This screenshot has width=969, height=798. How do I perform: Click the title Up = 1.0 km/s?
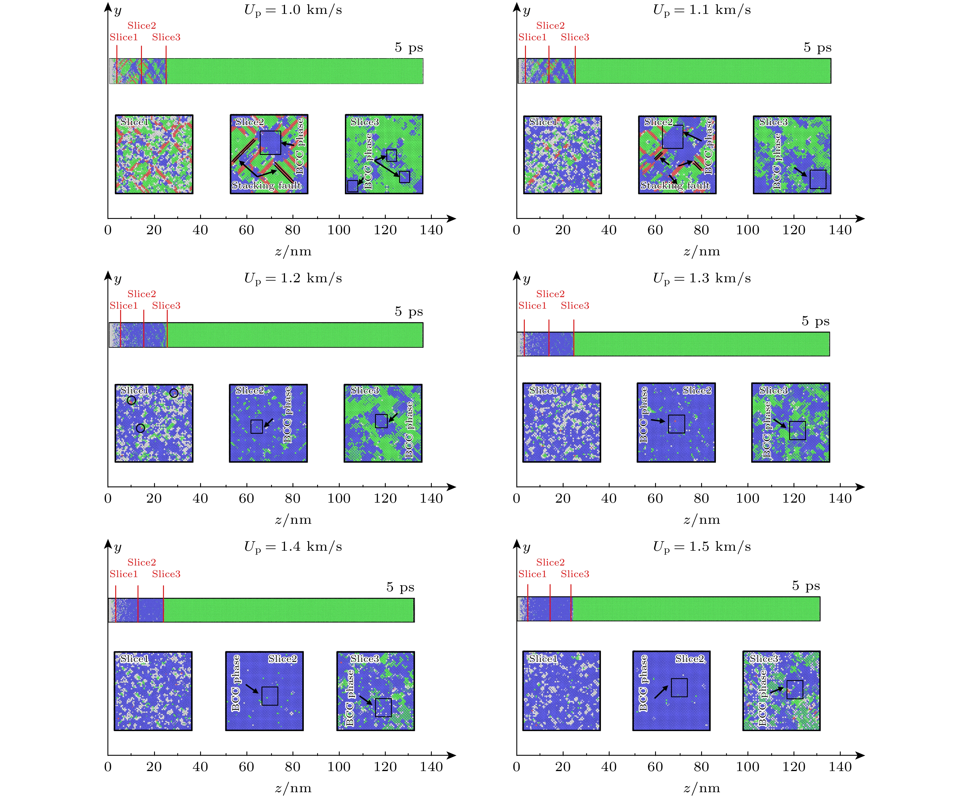(x=293, y=10)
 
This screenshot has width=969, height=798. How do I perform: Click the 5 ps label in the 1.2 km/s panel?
(x=409, y=312)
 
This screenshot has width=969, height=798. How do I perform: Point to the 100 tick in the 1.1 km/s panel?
(x=747, y=230)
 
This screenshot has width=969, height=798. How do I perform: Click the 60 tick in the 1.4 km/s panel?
(x=246, y=767)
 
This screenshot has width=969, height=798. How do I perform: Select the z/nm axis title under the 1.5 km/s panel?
(x=701, y=788)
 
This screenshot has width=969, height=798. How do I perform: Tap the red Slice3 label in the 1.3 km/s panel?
(x=575, y=306)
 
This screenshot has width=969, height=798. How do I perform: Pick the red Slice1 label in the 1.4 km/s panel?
(x=123, y=574)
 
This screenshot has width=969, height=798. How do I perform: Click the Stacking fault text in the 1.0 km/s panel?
(x=267, y=185)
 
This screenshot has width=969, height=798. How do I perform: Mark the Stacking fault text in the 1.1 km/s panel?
(x=675, y=185)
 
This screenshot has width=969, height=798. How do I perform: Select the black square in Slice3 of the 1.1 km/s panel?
(x=818, y=179)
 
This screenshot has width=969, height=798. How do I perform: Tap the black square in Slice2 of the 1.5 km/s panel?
(x=679, y=688)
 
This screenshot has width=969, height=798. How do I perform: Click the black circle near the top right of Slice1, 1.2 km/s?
(x=174, y=393)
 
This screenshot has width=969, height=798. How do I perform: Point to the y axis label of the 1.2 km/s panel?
(x=118, y=279)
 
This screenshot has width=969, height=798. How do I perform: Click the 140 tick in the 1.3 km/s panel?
(x=840, y=498)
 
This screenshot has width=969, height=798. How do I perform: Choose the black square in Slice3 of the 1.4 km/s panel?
(x=383, y=707)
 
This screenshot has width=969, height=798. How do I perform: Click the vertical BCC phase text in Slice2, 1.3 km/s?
(x=643, y=415)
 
